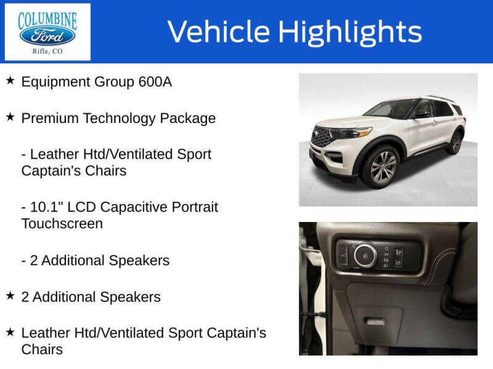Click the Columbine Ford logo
[x=47, y=32]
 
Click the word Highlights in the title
[x=349, y=32]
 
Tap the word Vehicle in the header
[x=219, y=32]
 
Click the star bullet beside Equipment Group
[x=10, y=81]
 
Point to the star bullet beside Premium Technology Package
[x=10, y=117]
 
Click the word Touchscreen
[x=62, y=223]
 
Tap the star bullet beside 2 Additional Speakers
[x=10, y=296]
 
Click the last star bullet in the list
[x=10, y=332]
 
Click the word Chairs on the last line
[x=42, y=349]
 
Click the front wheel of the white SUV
[x=380, y=166]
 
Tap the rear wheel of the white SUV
[x=455, y=142]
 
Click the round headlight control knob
[x=365, y=255]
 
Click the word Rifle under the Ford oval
[x=40, y=52]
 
